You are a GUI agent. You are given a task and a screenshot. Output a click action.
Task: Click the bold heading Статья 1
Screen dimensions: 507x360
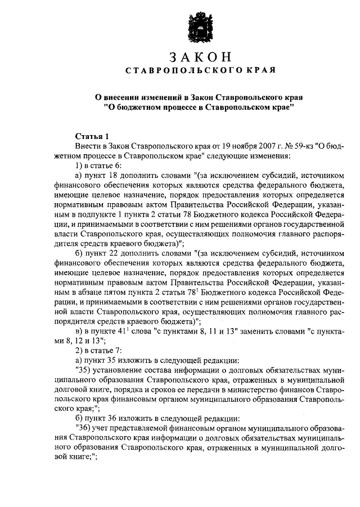[x=89, y=137]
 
